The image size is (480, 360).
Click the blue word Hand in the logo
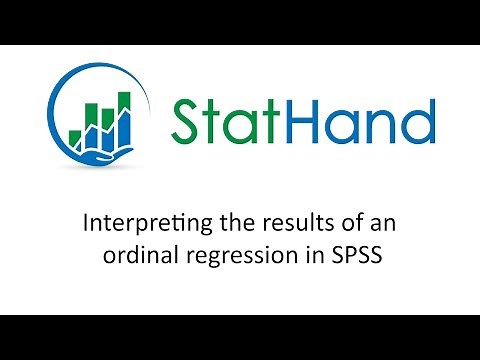pyautogui.click(x=354, y=122)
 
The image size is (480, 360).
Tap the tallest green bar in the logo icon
pyautogui.click(x=126, y=114)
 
